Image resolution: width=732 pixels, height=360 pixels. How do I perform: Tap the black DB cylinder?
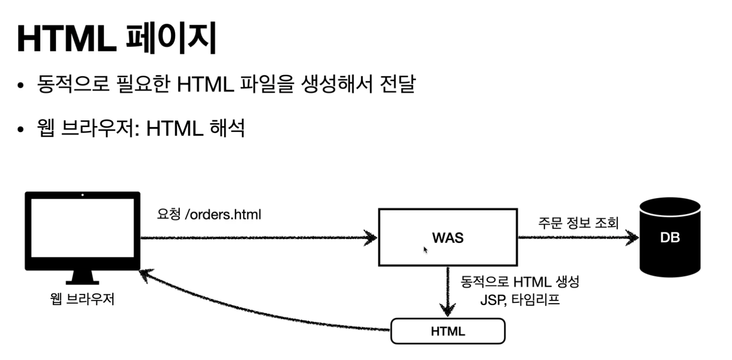pyautogui.click(x=670, y=238)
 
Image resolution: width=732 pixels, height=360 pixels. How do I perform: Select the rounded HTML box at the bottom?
pyautogui.click(x=448, y=331)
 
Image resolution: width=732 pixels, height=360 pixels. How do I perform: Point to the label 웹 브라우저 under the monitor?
pyautogui.click(x=82, y=299)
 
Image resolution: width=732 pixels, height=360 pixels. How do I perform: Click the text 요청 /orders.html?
pyautogui.click(x=209, y=214)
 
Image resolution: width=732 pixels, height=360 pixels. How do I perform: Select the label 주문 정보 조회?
pyautogui.click(x=578, y=223)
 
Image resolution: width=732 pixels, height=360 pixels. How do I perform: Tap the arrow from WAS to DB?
pyautogui.click(x=578, y=238)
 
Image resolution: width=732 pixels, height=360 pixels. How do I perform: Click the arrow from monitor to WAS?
pyautogui.click(x=257, y=238)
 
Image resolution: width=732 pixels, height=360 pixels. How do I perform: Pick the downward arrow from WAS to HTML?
pyautogui.click(x=447, y=291)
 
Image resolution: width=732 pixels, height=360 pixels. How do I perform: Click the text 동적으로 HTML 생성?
pyautogui.click(x=520, y=282)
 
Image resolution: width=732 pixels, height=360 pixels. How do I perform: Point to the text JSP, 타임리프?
pyautogui.click(x=520, y=299)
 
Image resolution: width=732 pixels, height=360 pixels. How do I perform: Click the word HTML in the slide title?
pyautogui.click(x=67, y=39)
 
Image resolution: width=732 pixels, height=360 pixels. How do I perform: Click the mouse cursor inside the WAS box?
pyautogui.click(x=426, y=250)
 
